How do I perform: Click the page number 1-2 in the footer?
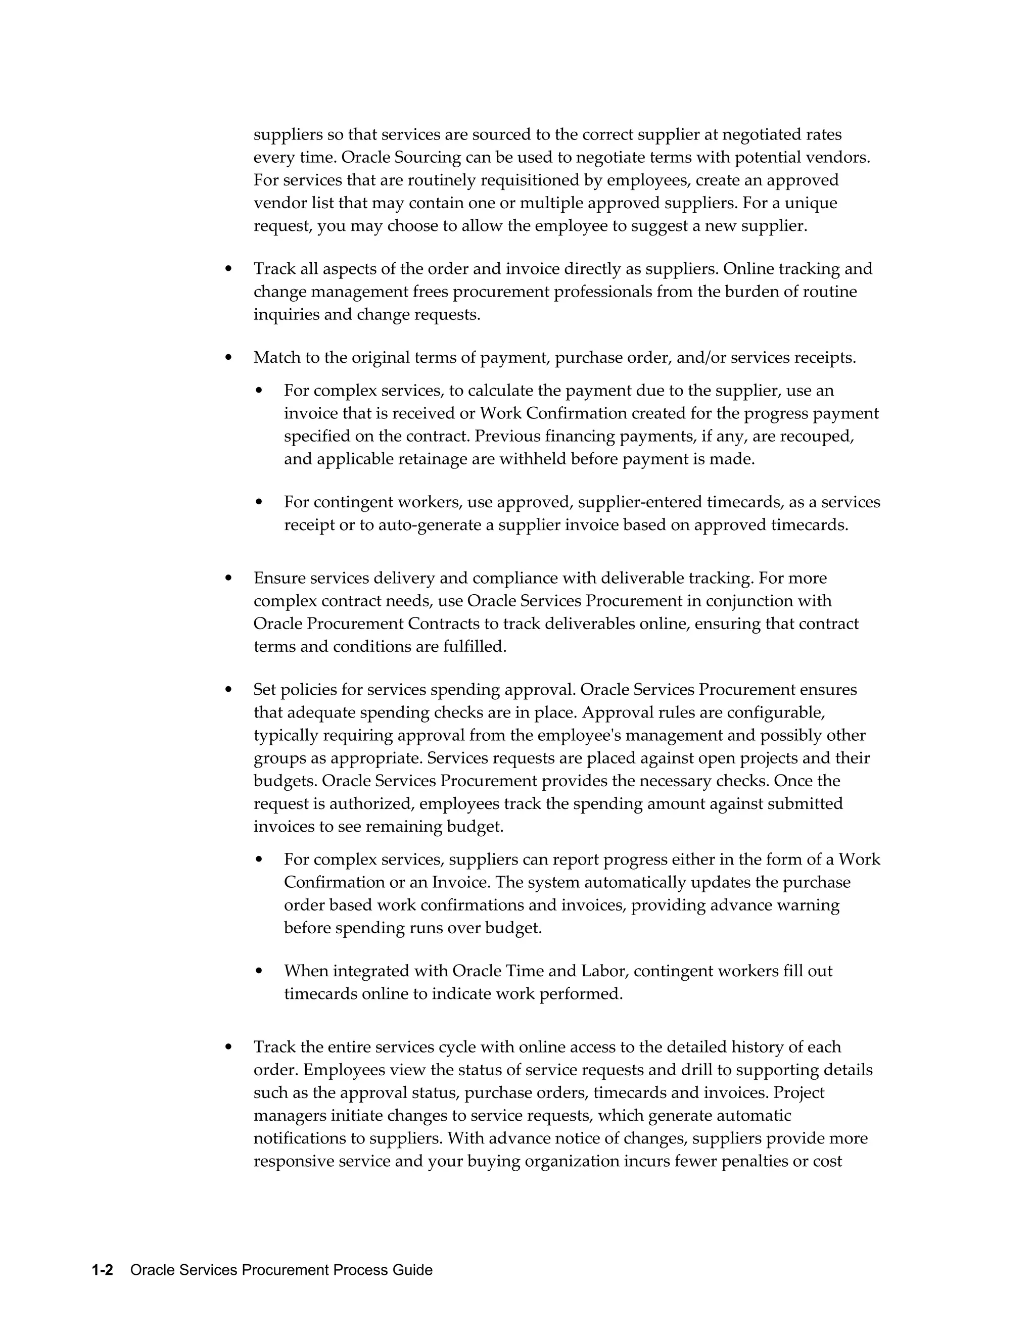pyautogui.click(x=103, y=1270)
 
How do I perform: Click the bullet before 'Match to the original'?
pyautogui.click(x=229, y=357)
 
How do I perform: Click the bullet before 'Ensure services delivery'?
pyautogui.click(x=229, y=578)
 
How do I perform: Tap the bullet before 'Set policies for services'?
pyautogui.click(x=229, y=690)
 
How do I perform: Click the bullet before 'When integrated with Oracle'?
pyautogui.click(x=259, y=971)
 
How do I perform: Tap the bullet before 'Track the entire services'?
pyautogui.click(x=229, y=1047)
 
